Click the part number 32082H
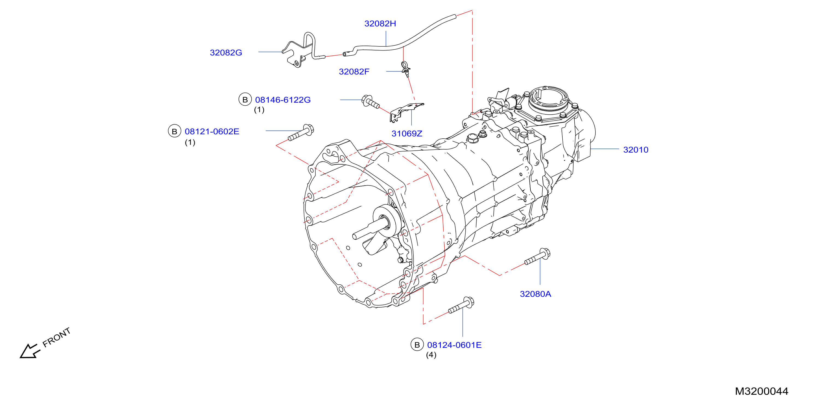(x=380, y=23)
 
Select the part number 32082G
(x=226, y=52)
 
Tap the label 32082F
(x=354, y=72)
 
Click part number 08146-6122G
(x=283, y=100)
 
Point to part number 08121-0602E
(x=212, y=131)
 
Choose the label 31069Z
(x=407, y=133)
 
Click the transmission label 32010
(x=635, y=150)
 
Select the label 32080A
(x=536, y=294)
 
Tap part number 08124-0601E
(x=454, y=345)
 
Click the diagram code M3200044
(x=762, y=391)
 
